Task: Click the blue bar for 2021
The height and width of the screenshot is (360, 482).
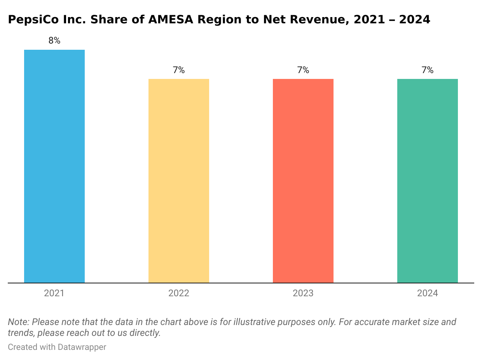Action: point(54,166)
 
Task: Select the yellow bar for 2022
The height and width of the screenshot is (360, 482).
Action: point(179,181)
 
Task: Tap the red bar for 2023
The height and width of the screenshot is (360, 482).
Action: point(303,181)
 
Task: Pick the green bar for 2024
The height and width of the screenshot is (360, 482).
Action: point(428,181)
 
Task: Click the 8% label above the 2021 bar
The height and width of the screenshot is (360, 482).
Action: point(54,40)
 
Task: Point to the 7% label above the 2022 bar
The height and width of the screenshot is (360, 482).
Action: point(179,70)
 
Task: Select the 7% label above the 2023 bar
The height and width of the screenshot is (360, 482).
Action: point(303,70)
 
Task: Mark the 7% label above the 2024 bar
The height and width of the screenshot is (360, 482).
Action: point(428,70)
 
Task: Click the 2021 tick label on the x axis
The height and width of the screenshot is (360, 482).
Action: point(54,293)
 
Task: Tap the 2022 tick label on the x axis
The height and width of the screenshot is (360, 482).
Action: point(179,293)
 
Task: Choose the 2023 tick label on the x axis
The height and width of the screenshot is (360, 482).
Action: point(303,293)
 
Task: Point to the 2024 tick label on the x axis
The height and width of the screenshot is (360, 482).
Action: point(428,293)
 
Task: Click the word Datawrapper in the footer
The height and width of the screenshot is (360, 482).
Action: point(82,347)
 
